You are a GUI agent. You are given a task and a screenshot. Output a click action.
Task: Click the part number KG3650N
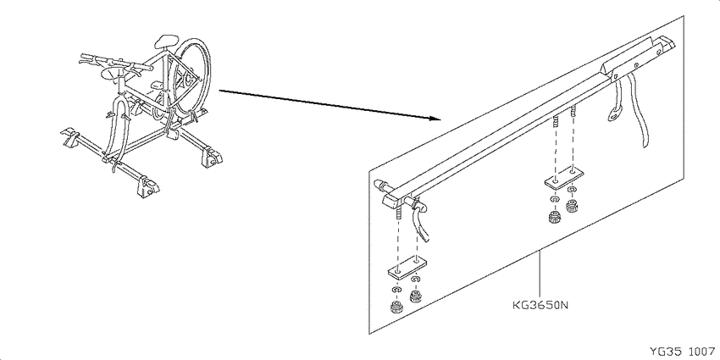pyautogui.click(x=540, y=305)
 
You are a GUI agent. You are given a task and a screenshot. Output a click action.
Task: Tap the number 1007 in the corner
pyautogui.click(x=702, y=352)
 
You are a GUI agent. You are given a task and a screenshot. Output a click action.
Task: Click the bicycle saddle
pyautogui.click(x=166, y=41)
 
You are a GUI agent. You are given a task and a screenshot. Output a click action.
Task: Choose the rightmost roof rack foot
pyautogui.click(x=212, y=156)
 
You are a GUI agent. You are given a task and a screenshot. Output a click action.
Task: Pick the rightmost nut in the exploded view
pyautogui.click(x=572, y=206)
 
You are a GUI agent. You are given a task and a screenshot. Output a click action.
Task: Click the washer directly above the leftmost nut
pyautogui.click(x=396, y=291)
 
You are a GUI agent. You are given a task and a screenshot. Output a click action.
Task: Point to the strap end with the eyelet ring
pyautogui.click(x=615, y=114)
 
